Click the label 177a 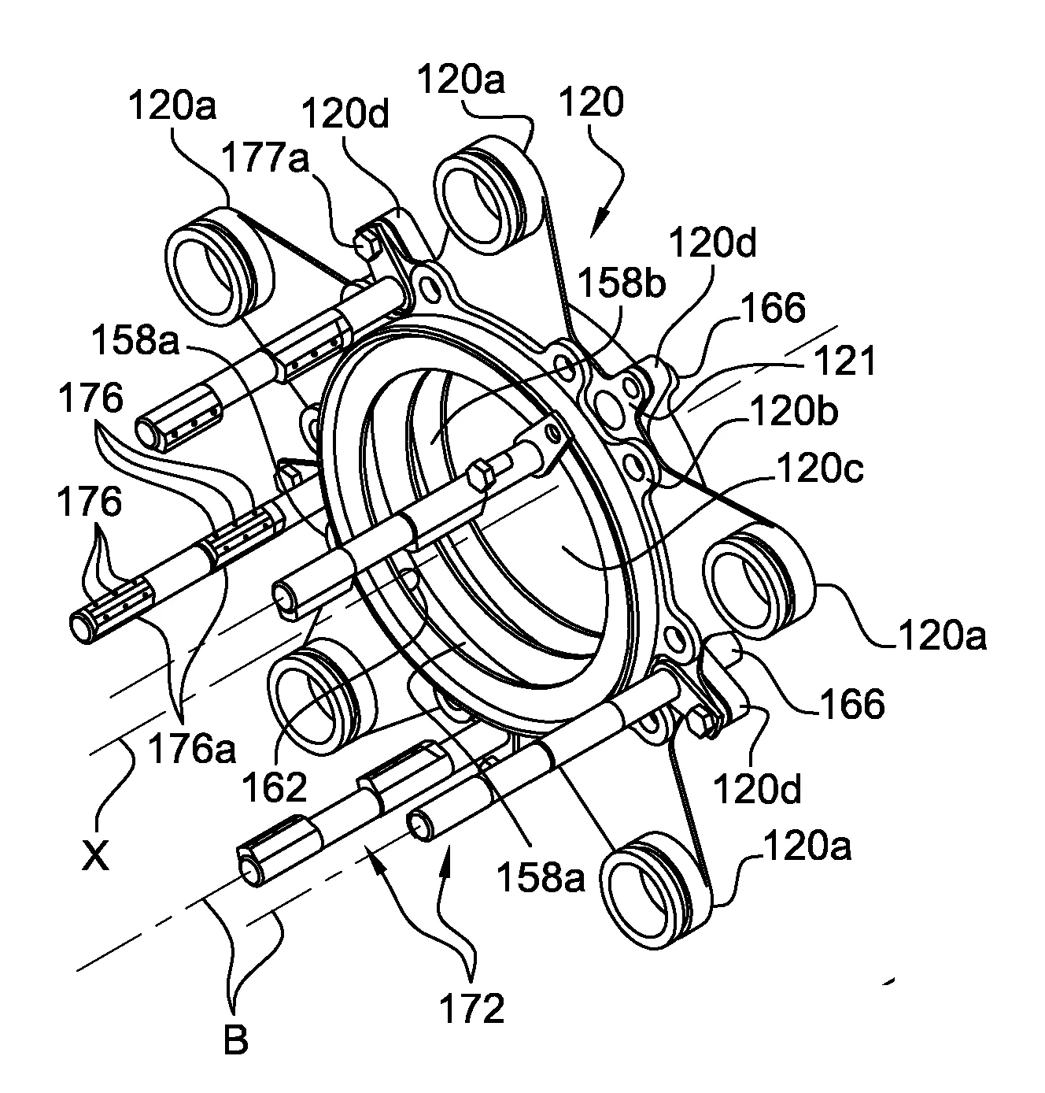(265, 157)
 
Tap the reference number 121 (845, 360)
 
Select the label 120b (793, 411)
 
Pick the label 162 (275, 787)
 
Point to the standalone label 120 (592, 102)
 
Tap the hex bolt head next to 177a (367, 244)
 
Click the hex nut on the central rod (481, 472)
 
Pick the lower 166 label (852, 703)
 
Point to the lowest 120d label (758, 788)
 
